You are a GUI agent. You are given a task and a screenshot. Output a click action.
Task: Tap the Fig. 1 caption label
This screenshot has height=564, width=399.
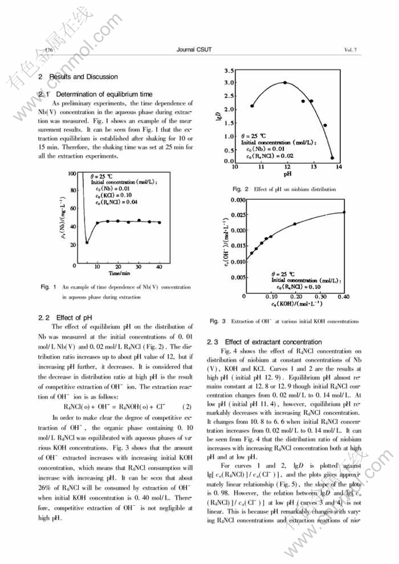(x=48, y=287)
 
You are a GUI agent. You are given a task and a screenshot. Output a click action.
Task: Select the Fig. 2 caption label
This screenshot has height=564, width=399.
(x=241, y=189)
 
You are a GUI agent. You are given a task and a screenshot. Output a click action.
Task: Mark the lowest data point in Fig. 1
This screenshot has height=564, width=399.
(x=87, y=242)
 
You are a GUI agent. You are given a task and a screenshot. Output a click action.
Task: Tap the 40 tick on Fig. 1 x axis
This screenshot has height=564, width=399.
(x=159, y=267)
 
